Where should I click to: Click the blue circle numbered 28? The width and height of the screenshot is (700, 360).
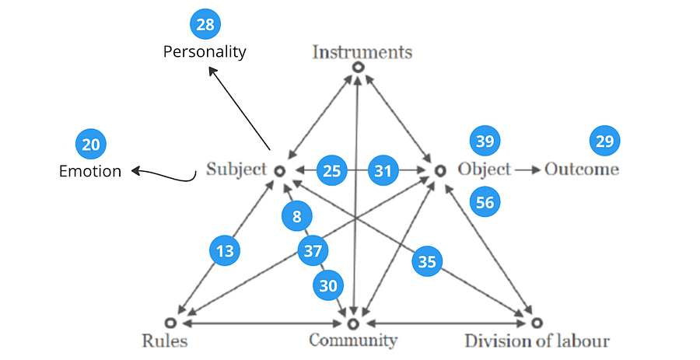coord(205,25)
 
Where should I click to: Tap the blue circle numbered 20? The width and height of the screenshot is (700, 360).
coord(90,145)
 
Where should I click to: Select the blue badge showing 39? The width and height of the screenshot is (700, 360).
coord(485,142)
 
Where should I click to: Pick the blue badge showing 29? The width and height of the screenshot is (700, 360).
coord(605,142)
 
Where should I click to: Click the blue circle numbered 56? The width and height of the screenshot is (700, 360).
coord(485,202)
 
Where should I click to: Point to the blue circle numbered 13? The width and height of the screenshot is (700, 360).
coord(224,250)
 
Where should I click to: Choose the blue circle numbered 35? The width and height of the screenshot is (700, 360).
coord(427,261)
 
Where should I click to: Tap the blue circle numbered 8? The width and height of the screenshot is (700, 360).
coord(297,217)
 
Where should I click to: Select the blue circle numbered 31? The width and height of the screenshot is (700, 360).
coord(383,170)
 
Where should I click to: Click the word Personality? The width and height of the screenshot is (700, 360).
coord(205,52)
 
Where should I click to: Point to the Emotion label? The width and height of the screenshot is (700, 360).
coord(90,171)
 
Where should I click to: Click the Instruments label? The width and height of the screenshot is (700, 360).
coord(362,53)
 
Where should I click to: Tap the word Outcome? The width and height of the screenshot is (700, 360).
coord(582,170)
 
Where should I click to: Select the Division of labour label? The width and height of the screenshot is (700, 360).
coord(537,341)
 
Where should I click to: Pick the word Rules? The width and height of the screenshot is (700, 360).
coord(165,341)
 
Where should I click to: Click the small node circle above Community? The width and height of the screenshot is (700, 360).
coord(353,322)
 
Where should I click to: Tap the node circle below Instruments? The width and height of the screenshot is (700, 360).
coord(358,68)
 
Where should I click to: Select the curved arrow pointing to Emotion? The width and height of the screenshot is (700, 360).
coord(163,176)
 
